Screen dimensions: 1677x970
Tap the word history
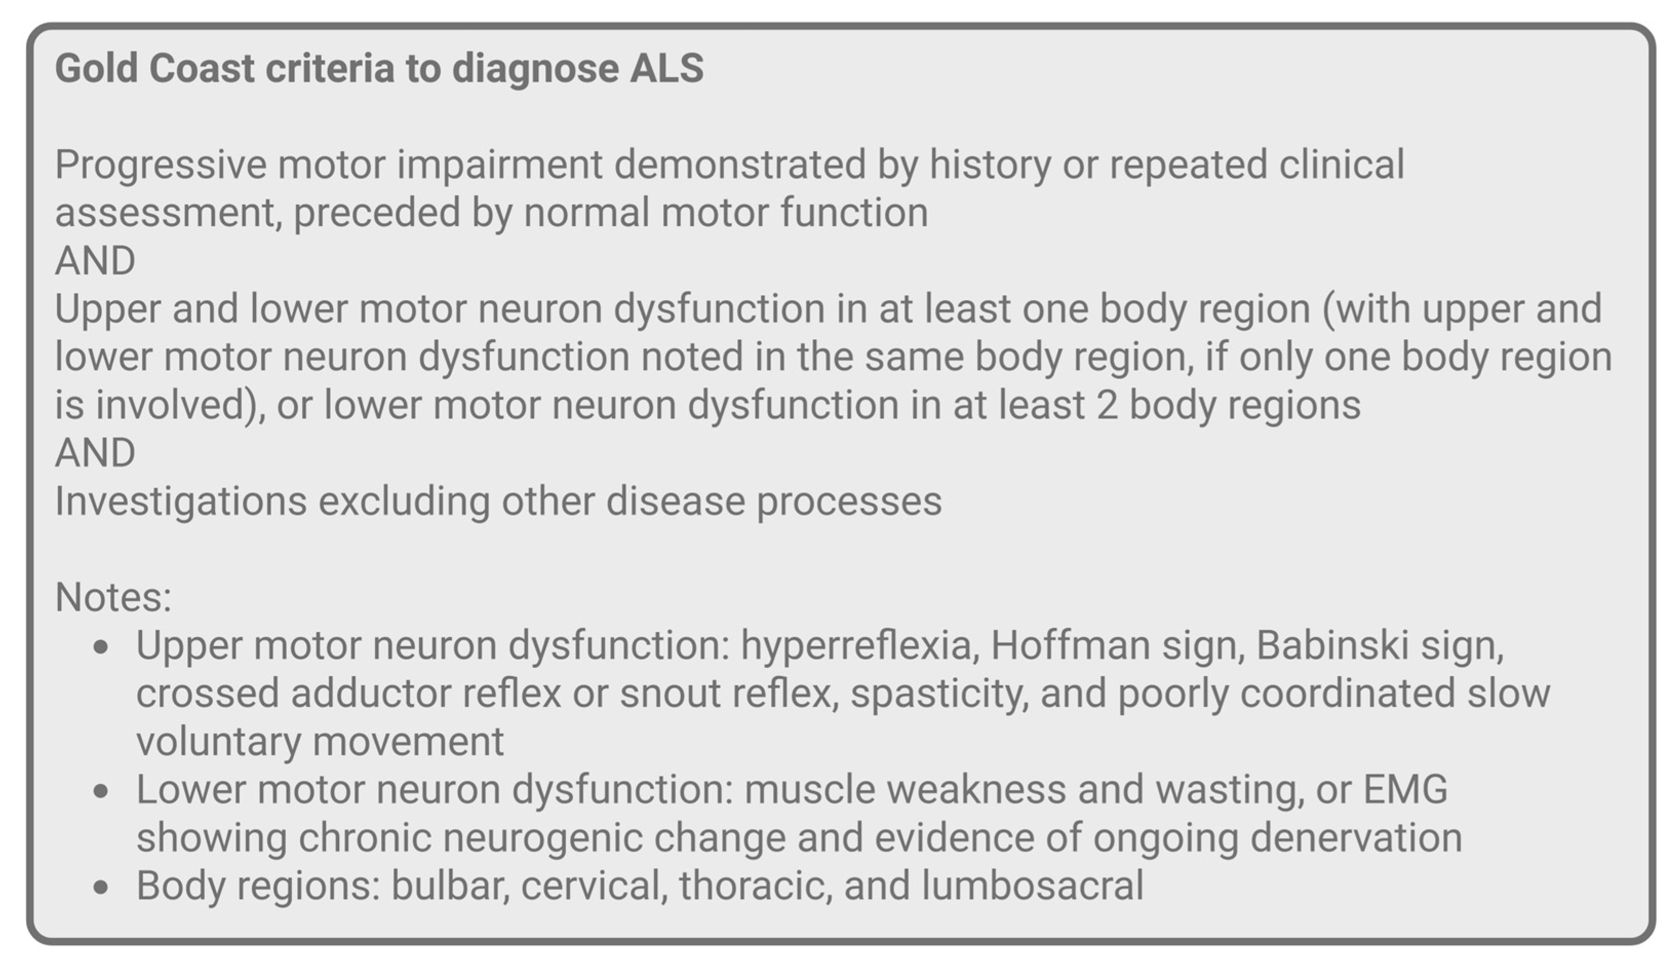[990, 165]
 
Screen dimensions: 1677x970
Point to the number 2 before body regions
[1107, 405]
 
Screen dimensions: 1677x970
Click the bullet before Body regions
[101, 887]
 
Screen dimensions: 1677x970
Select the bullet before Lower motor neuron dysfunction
[101, 791]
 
